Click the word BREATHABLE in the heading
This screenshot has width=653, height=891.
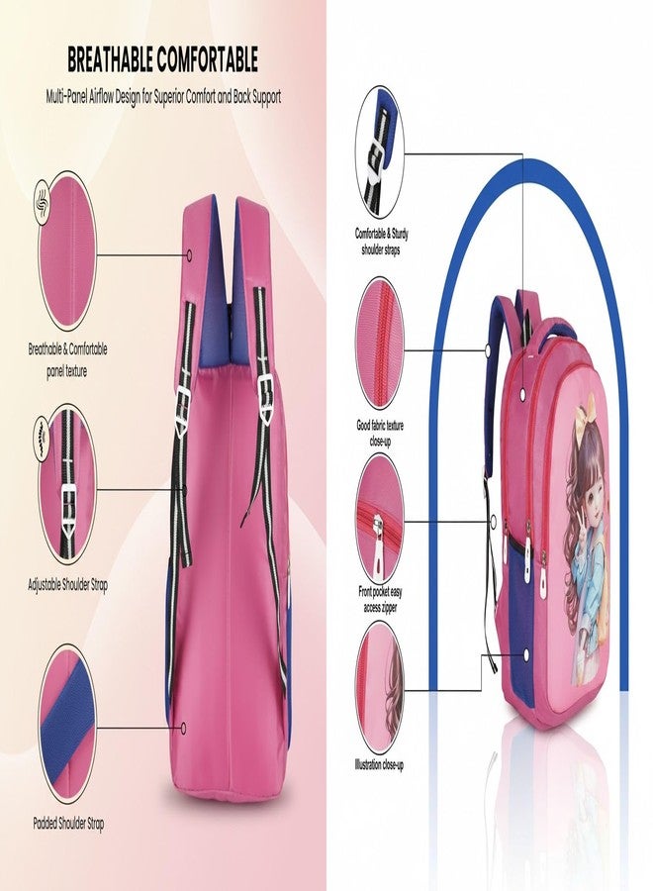tap(109, 59)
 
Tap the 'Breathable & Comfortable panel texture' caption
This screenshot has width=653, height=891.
tap(67, 359)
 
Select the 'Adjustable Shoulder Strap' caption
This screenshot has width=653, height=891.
tap(67, 584)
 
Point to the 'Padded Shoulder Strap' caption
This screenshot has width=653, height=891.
tap(68, 823)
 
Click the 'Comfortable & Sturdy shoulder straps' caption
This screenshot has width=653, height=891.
tap(382, 242)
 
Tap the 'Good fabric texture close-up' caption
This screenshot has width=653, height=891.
tap(381, 433)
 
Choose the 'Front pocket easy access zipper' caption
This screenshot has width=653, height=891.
tap(381, 600)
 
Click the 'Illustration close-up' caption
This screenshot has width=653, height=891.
tap(379, 764)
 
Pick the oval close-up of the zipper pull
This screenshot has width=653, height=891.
tap(380, 518)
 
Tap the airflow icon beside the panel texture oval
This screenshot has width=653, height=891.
tap(44, 201)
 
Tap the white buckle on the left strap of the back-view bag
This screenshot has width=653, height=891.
tap(182, 402)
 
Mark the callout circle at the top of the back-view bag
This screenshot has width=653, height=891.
tap(189, 254)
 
